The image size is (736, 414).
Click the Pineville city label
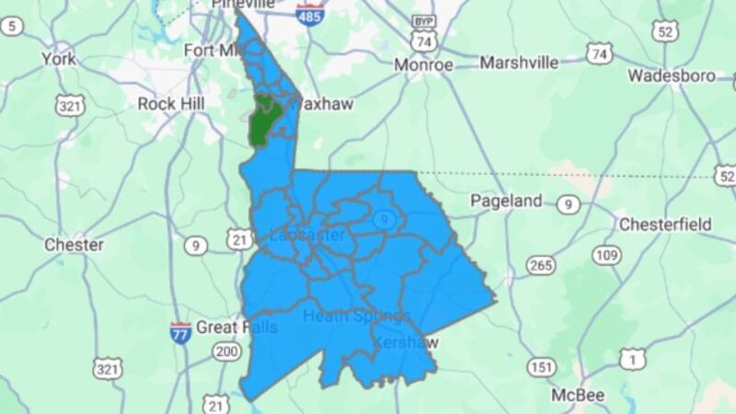[x=243, y=6]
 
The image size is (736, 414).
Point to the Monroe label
[x=423, y=65]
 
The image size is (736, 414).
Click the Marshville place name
[x=519, y=63]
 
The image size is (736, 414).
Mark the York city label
[x=59, y=59]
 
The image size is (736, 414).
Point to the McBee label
[x=577, y=395]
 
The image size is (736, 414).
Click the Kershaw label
[x=407, y=342]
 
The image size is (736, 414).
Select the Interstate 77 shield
[x=181, y=330]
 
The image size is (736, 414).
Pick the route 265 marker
[x=542, y=266]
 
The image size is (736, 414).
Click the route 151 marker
[x=542, y=368]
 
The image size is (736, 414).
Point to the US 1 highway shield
[x=631, y=358]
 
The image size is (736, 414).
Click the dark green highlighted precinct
[x=264, y=119]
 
